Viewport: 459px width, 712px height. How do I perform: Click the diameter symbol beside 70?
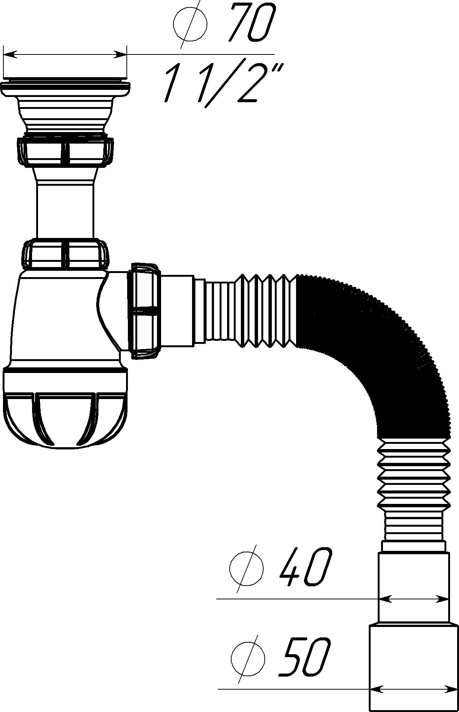tap(190, 24)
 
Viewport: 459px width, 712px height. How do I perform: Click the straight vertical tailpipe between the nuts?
tap(65, 211)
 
